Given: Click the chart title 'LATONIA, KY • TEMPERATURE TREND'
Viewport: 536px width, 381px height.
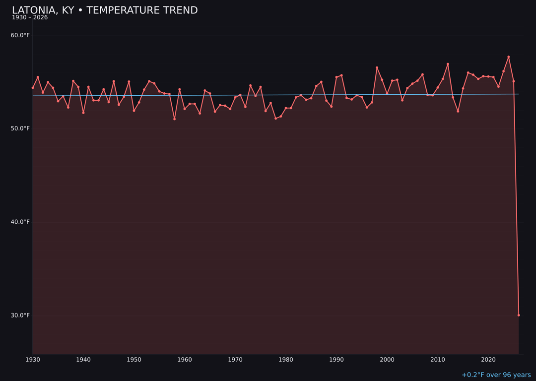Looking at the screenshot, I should point(105,10).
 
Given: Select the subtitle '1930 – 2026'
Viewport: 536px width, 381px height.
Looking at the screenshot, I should point(30,18).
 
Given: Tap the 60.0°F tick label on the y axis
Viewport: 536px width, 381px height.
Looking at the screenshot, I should point(20,35).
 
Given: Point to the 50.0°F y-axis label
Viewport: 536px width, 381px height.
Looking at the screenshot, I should point(20,128).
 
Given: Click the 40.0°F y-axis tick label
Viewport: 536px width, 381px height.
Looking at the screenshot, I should point(20,222).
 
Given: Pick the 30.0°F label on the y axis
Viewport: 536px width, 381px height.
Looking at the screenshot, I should point(20,315).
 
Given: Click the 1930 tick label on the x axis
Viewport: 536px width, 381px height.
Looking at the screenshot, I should point(33,360).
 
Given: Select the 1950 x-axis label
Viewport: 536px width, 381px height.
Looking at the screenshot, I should point(134,360).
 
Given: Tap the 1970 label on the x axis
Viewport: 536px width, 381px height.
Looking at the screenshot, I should point(235,360).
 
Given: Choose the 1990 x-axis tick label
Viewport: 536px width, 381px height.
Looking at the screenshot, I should point(336,360).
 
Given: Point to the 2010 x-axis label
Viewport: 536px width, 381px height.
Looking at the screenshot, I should point(438,360).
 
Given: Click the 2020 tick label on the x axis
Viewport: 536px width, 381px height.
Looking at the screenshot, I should point(488,360).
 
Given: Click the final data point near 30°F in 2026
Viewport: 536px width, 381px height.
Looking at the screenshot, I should point(519,315).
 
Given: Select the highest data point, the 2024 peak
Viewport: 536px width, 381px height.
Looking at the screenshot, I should point(508,57).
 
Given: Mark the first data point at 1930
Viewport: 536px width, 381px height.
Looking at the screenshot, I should point(33,88).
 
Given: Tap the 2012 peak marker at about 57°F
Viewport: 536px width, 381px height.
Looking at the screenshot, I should point(448,64).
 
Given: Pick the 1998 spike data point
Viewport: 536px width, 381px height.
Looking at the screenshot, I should point(377,67).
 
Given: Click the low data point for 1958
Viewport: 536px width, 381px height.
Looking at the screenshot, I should point(174,119).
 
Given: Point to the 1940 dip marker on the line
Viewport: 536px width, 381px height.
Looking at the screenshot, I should point(83,113).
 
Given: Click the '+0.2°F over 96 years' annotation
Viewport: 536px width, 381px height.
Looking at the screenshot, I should point(496,375).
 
